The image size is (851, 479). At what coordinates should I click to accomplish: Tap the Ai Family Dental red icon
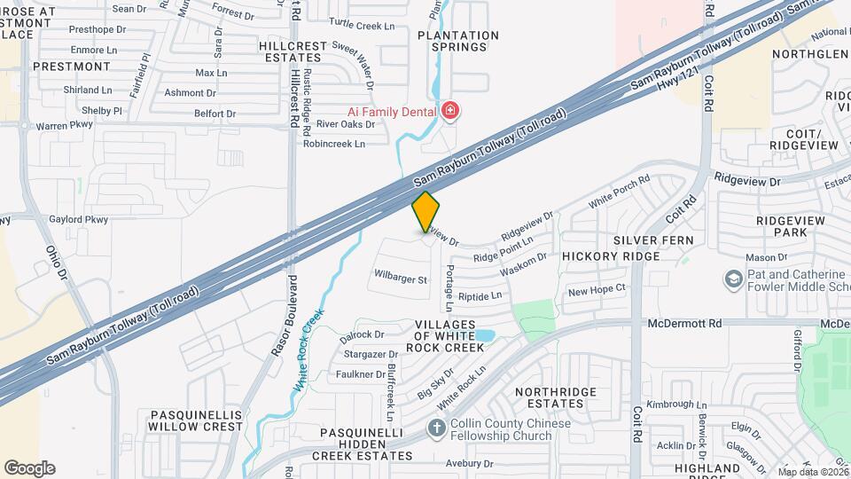point(450,111)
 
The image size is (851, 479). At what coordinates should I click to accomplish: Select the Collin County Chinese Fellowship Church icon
point(435,428)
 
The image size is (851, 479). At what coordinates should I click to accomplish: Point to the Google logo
point(29,467)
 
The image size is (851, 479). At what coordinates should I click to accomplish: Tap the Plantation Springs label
point(458,41)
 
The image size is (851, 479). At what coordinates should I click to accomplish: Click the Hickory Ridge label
point(611,256)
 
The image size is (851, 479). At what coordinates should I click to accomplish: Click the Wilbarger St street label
point(402,279)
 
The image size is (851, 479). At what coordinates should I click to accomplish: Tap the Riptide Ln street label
point(480,295)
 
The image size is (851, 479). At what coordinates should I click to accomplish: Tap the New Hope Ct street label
point(597,289)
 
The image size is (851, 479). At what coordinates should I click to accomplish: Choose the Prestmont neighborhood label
point(72,67)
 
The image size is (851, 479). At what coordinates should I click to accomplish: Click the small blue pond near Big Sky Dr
point(484,336)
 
